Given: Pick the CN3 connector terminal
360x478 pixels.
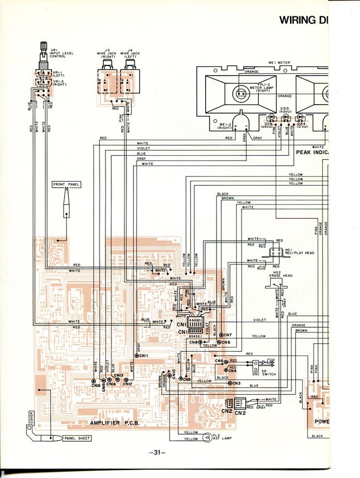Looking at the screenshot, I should [x=230, y=383].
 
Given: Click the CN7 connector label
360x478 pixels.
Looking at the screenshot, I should [x=227, y=335].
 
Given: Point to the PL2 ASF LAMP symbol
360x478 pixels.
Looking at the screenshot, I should [x=207, y=436].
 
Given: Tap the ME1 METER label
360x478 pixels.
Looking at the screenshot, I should [x=279, y=62].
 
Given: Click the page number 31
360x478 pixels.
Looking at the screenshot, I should [x=157, y=453].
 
